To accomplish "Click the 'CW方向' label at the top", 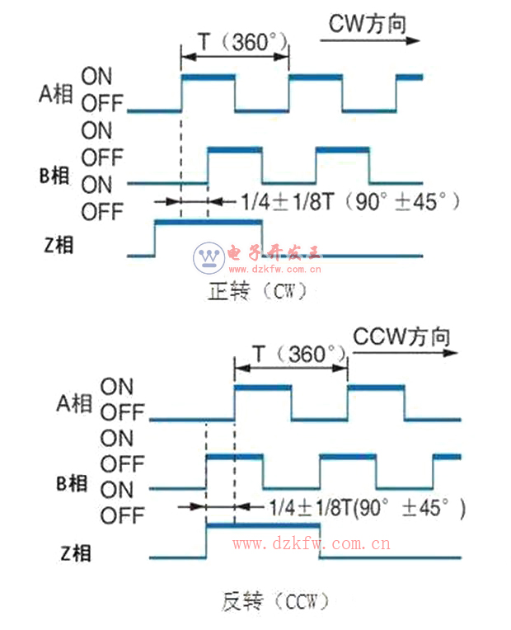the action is pyautogui.click(x=368, y=24).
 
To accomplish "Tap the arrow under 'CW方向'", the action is pyautogui.click(x=369, y=40).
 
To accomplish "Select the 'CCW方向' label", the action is pyautogui.click(x=401, y=336).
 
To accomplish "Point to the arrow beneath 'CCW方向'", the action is pyautogui.click(x=405, y=353).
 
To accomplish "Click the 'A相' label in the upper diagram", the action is pyautogui.click(x=56, y=94).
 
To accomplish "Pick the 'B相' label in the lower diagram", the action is pyautogui.click(x=72, y=483).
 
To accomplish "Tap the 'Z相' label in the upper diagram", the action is pyautogui.click(x=59, y=245).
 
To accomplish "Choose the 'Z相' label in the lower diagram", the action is pyautogui.click(x=76, y=552).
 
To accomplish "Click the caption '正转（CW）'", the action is pyautogui.click(x=257, y=291).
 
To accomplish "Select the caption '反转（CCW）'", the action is pyautogui.click(x=275, y=601).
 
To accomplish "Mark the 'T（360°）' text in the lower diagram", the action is pyautogui.click(x=300, y=354).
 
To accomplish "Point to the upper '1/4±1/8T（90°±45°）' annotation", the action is pyautogui.click(x=350, y=201).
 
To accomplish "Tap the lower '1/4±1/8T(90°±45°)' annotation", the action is pyautogui.click(x=368, y=507).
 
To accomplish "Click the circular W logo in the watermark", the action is pyautogui.click(x=209, y=258).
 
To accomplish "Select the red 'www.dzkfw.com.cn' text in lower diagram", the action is pyautogui.click(x=312, y=543).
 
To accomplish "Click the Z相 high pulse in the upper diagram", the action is pyautogui.click(x=209, y=222).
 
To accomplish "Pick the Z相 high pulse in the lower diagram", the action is pyautogui.click(x=263, y=525).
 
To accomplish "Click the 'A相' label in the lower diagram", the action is pyautogui.click(x=74, y=403).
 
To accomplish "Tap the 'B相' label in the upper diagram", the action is pyautogui.click(x=54, y=176).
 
